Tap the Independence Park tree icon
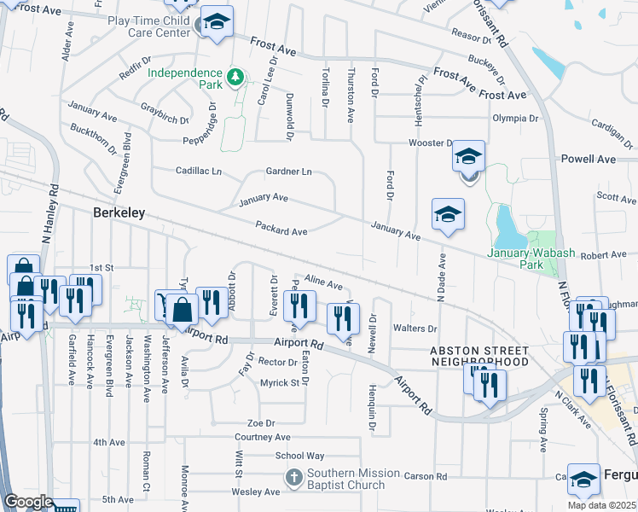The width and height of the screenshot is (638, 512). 235,79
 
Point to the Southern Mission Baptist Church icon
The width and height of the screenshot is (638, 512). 293,478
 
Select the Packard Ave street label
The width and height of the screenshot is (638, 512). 281,230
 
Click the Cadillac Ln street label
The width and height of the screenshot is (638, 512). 199,172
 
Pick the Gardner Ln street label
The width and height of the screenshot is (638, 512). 288,172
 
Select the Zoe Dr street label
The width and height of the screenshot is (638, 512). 260,422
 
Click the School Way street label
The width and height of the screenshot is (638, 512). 299,456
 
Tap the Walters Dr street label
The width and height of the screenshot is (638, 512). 415,329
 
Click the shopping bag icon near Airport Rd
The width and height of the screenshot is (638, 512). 183,308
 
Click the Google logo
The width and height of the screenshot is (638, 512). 28,501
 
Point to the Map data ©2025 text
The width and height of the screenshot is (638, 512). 602,505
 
